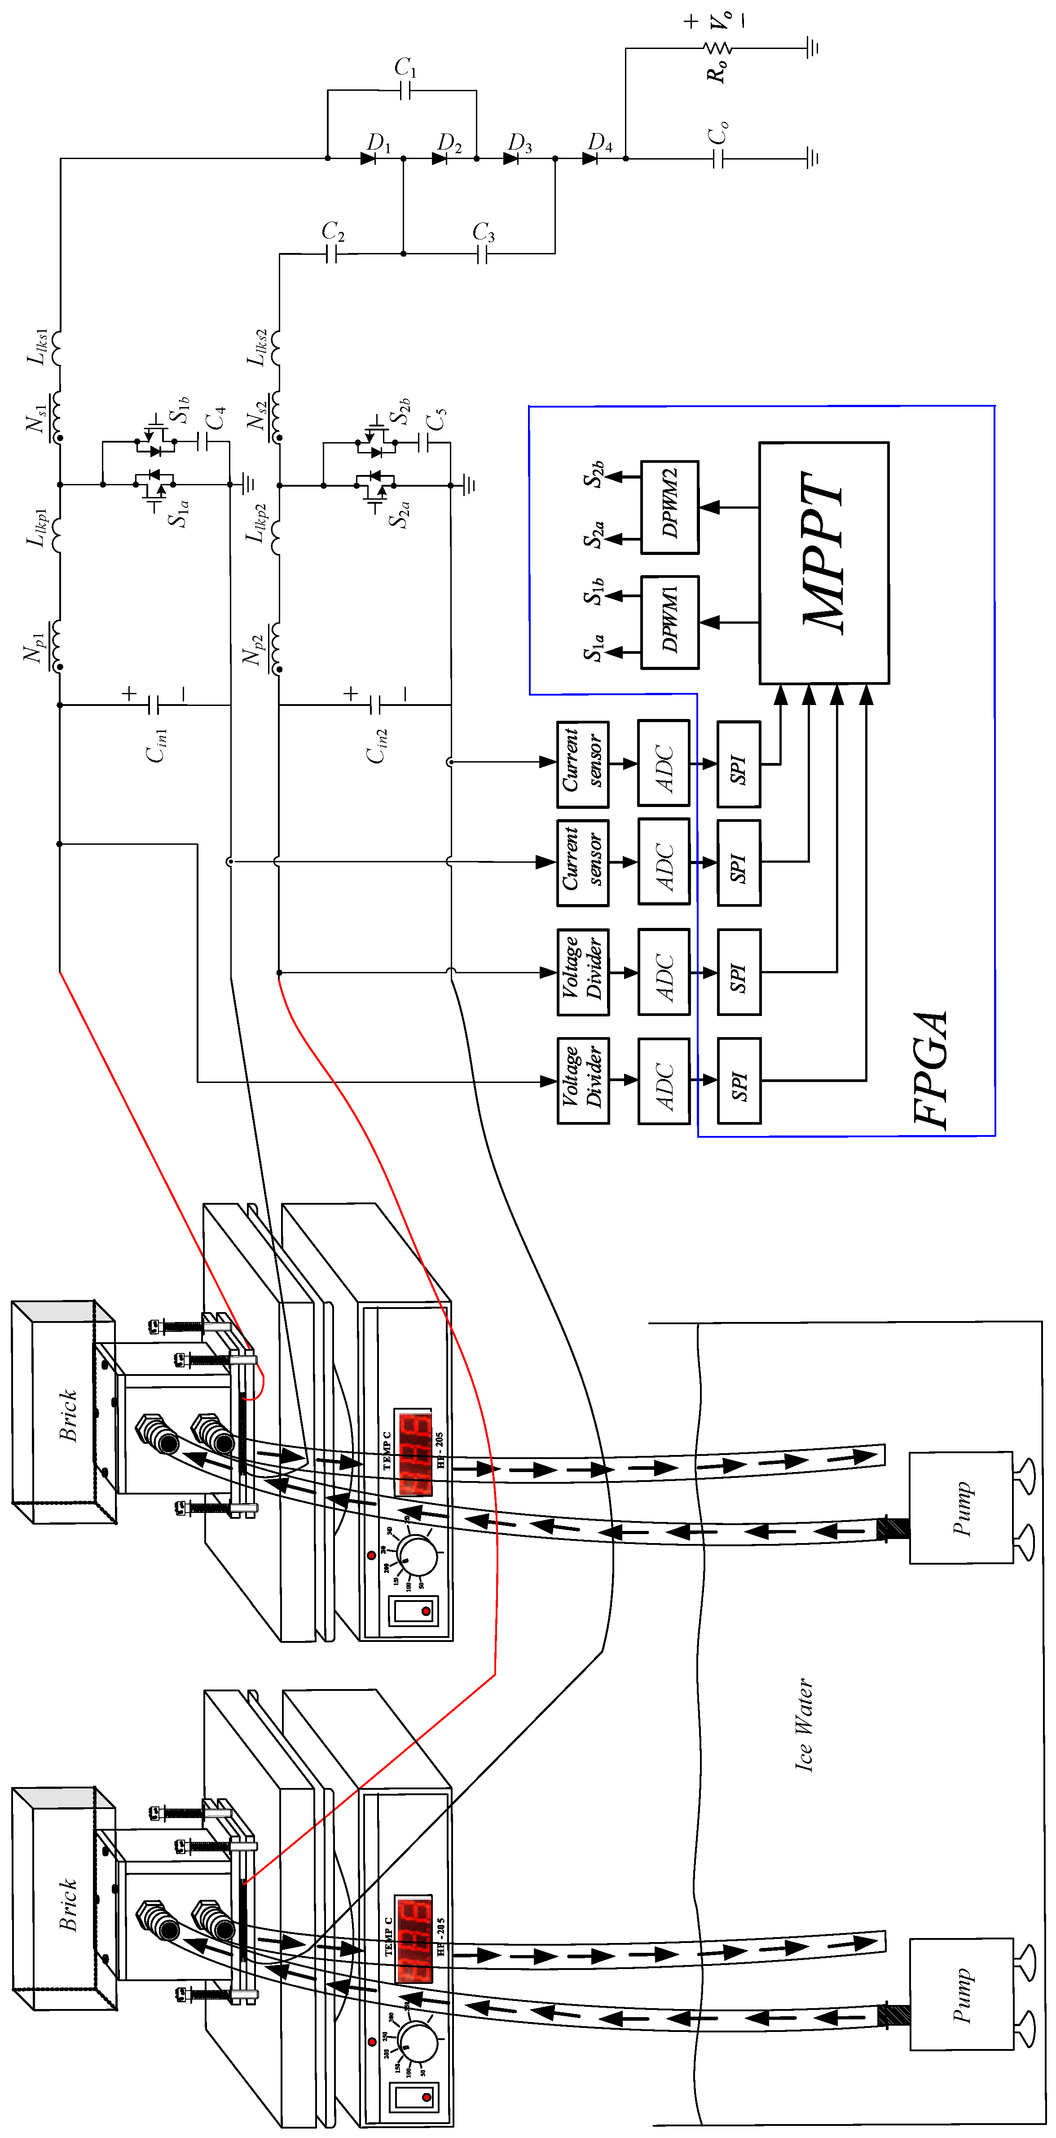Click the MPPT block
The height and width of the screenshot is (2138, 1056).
click(x=824, y=563)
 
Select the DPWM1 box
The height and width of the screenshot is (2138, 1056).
click(x=669, y=621)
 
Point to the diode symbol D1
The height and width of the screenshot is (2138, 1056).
click(x=368, y=158)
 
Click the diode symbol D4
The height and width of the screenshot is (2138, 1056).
click(x=590, y=158)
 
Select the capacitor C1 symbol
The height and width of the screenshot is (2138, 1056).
click(x=405, y=90)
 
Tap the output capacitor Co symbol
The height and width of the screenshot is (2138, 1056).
click(x=718, y=158)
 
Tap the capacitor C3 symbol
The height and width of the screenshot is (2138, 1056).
click(x=483, y=253)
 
